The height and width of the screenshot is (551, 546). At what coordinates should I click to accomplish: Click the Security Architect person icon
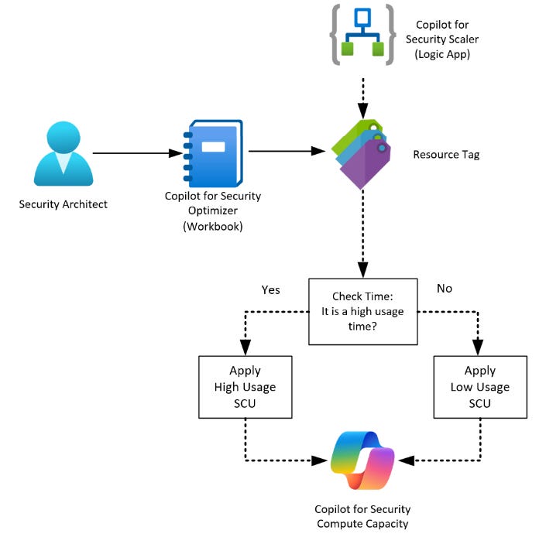click(64, 154)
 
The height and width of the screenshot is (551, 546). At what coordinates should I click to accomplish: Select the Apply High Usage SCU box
click(246, 387)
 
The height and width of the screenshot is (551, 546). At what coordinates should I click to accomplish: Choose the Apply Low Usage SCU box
click(479, 387)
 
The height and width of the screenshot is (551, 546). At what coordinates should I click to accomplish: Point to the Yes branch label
click(270, 289)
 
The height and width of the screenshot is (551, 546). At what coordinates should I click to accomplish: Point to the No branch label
click(444, 289)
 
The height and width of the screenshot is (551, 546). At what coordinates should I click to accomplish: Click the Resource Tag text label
click(446, 155)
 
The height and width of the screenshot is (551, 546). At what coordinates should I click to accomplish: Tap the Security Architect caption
click(64, 204)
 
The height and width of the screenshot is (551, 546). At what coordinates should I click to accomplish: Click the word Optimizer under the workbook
click(213, 211)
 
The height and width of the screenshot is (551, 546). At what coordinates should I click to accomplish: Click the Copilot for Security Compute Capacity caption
click(362, 517)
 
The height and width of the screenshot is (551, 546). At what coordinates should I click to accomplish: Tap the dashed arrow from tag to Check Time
click(362, 232)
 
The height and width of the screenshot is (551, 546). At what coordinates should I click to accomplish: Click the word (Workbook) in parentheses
click(213, 226)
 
